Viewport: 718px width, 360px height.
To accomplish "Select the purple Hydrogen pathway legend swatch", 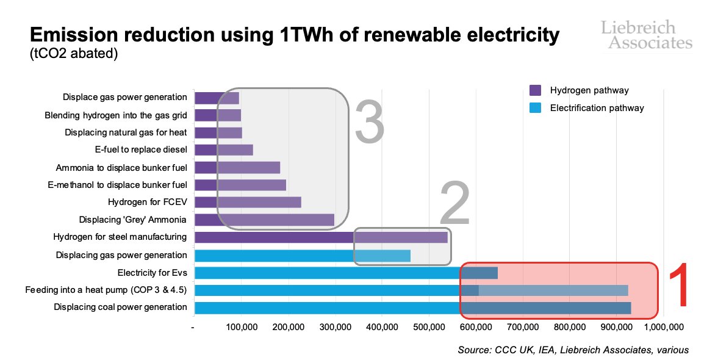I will coord(535,90).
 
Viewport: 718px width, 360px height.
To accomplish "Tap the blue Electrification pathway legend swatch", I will coord(535,108).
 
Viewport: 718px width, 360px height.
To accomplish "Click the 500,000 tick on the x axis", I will coord(429,328).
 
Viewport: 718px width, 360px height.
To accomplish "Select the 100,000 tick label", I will coord(242,328).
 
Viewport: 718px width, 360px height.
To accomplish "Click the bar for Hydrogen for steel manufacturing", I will coord(321,237).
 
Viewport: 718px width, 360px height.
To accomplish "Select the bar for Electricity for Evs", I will coord(346,273).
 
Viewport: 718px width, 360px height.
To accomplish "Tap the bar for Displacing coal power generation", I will coord(412,308).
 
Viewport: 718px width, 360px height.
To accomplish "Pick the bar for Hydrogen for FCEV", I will coord(248,203).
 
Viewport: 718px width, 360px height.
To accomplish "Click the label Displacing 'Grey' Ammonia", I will coord(133,220).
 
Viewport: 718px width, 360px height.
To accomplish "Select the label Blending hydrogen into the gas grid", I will coord(116,115).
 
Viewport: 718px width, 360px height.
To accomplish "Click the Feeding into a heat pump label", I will coord(106,290).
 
